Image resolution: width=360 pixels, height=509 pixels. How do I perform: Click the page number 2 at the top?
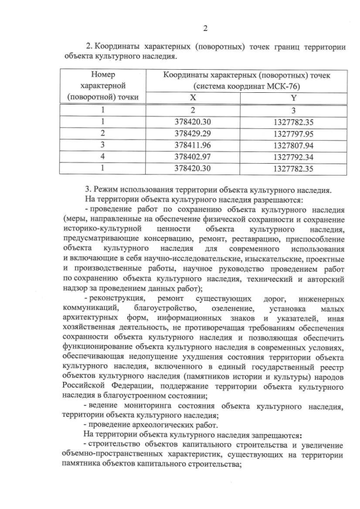[205, 29]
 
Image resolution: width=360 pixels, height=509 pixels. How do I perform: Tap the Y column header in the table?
[293, 98]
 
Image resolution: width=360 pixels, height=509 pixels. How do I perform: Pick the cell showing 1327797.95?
[293, 133]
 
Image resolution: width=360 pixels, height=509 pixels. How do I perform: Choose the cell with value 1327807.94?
[293, 145]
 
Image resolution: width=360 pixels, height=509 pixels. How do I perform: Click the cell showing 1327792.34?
[293, 156]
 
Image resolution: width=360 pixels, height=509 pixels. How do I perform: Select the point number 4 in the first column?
[102, 156]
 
